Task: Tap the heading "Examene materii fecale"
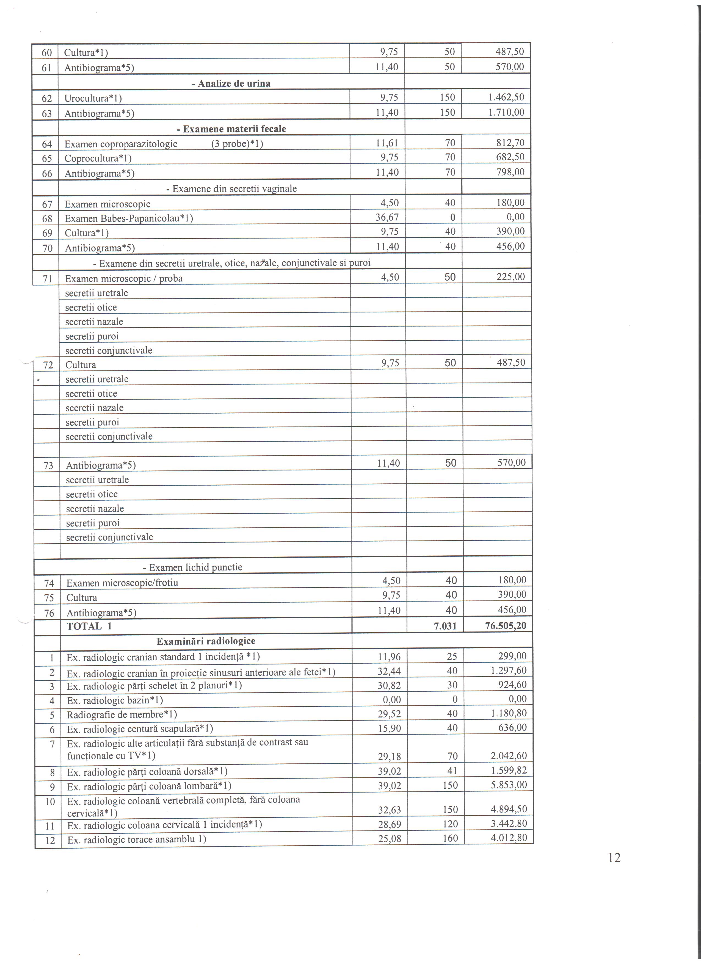tap(231, 129)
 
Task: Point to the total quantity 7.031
tap(445, 626)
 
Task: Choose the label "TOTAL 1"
tap(89, 626)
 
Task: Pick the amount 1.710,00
tap(506, 112)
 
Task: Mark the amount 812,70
tap(510, 143)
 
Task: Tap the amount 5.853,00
tap(508, 785)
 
